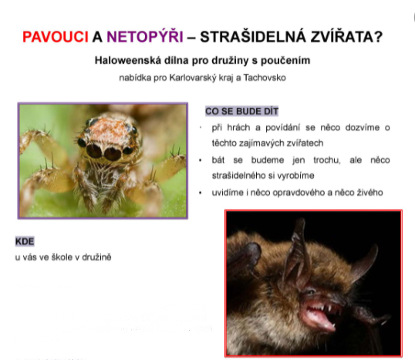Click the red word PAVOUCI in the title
pos(56,37)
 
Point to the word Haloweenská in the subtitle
pos(128,60)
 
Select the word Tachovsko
pos(265,78)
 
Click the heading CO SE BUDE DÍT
pos(241,111)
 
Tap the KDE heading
pos(25,241)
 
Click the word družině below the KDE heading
pos(96,257)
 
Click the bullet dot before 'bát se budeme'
pos(201,160)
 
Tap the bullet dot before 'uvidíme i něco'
pos(201,193)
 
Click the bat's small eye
pos(310,292)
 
